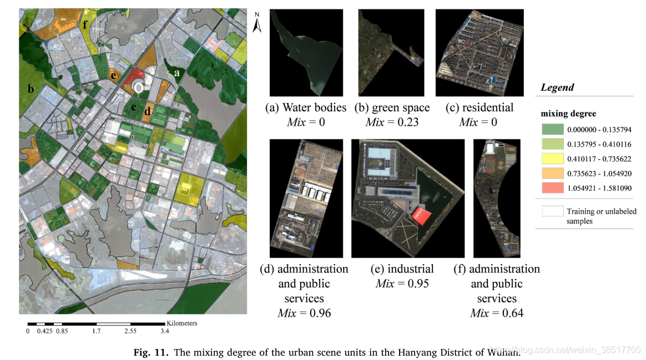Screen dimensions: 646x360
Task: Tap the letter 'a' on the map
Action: click(177, 72)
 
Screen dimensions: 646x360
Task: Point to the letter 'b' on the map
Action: click(31, 89)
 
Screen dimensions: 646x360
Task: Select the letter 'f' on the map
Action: click(85, 24)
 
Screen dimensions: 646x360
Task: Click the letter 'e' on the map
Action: click(113, 75)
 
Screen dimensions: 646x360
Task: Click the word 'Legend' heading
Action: click(557, 88)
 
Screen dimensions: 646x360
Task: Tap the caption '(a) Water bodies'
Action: click(306, 108)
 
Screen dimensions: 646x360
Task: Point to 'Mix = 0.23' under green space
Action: click(392, 122)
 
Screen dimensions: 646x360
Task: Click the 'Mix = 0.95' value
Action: click(402, 284)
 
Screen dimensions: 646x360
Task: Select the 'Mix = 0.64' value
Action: click(497, 313)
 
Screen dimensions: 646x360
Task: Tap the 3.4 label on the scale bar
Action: click(165, 332)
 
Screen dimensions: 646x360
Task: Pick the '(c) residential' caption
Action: click(480, 108)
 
